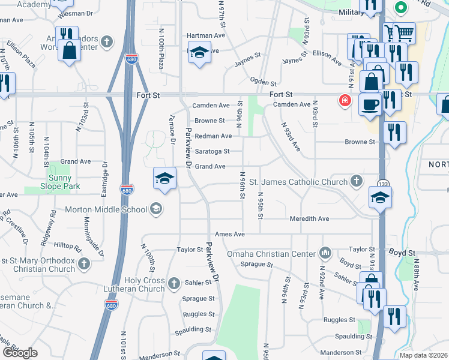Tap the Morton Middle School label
[104, 209]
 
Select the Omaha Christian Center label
[271, 254]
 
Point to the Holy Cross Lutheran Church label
[144, 284]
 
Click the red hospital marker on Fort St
[345, 100]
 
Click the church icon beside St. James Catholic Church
[356, 181]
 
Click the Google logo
[20, 353]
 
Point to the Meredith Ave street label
[309, 219]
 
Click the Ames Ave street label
[230, 234]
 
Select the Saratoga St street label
[209, 151]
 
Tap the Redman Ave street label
[212, 136]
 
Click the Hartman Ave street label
[205, 35]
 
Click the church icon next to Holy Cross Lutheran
[174, 283]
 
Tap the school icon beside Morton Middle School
[155, 209]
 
